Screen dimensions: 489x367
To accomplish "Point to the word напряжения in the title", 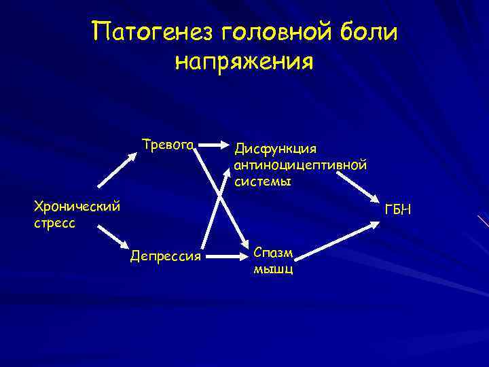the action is [x=244, y=62].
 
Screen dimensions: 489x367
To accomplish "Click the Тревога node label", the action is [x=168, y=145].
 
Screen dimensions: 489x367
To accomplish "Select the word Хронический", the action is [x=77, y=205].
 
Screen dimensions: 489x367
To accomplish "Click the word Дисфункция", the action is [x=276, y=148].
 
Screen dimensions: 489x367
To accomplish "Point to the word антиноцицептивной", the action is [x=300, y=165].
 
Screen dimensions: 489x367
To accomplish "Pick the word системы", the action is [x=263, y=181].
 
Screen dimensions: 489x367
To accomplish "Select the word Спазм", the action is [x=274, y=252].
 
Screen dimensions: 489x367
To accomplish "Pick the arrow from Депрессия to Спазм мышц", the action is [x=227, y=256].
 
